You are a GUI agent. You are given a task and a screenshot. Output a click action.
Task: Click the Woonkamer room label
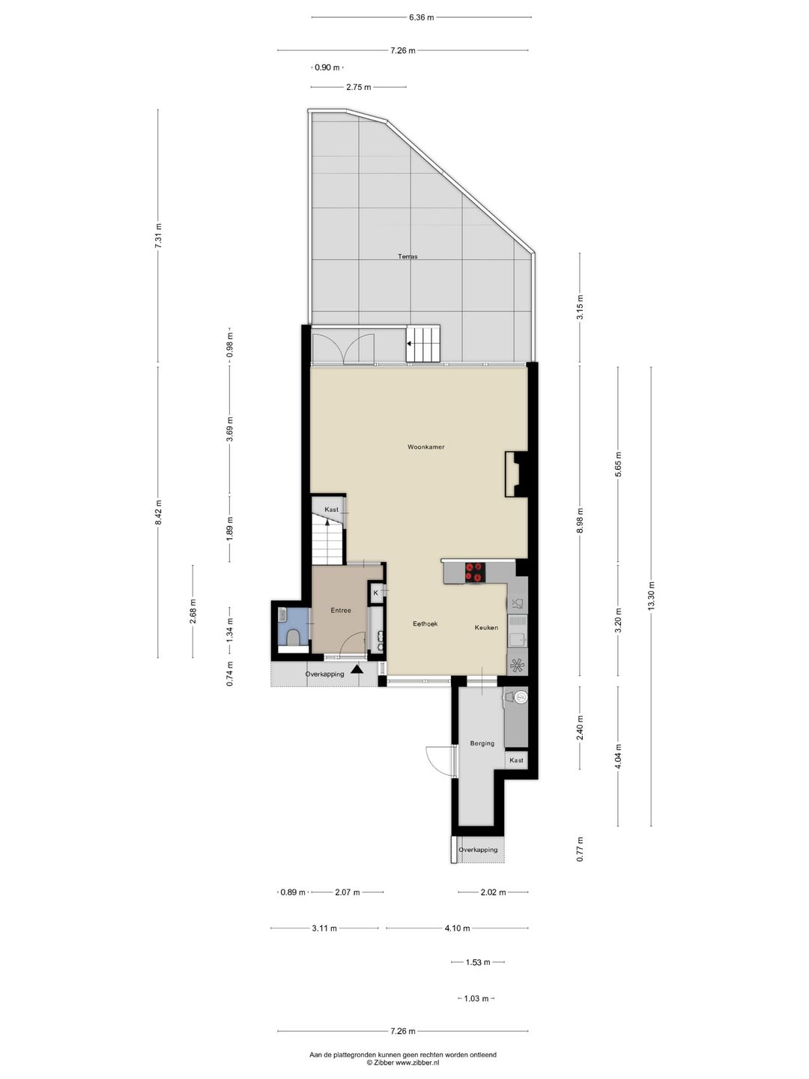(x=425, y=447)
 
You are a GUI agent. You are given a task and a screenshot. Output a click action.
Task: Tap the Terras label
(x=407, y=256)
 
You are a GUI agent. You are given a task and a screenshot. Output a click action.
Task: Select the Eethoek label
(x=425, y=623)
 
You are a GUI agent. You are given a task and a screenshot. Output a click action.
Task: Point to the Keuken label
(x=486, y=627)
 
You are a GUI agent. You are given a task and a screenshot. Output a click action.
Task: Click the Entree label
(x=341, y=611)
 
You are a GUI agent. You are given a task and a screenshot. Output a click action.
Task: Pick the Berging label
(x=482, y=743)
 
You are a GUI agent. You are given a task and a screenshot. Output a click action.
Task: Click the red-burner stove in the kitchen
(x=475, y=572)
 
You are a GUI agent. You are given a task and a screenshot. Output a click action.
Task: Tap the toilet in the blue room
(x=294, y=637)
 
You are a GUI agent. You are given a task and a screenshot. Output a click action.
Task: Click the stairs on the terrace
(x=423, y=344)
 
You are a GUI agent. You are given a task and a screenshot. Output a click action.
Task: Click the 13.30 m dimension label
(x=651, y=596)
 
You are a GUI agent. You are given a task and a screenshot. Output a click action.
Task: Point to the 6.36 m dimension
(x=421, y=17)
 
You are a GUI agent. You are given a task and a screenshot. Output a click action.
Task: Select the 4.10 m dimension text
(x=457, y=928)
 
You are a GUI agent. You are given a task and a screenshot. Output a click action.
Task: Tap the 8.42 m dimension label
(x=158, y=513)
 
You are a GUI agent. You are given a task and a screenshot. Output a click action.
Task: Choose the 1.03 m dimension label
(x=476, y=999)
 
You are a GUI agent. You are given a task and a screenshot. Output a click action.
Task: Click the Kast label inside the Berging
(x=516, y=761)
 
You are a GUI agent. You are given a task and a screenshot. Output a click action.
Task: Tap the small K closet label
(x=375, y=593)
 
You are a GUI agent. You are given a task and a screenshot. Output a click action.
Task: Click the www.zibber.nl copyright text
(x=403, y=1063)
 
